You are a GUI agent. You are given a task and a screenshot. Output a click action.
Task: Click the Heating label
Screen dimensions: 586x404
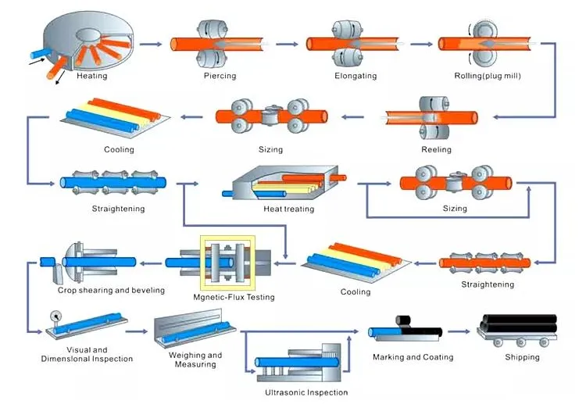coord(92,76)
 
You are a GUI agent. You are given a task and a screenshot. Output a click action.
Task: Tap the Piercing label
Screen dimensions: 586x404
coord(220,76)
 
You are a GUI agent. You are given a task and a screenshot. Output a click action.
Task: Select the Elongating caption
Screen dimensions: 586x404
coord(356,76)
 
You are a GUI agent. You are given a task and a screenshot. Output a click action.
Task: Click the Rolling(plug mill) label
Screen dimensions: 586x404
coord(488,76)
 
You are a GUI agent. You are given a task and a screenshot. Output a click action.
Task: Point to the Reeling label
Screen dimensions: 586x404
coord(436,149)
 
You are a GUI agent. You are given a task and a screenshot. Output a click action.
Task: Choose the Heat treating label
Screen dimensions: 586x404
coord(289,209)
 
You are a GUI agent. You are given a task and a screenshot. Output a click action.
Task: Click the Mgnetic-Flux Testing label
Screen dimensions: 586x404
coord(234,297)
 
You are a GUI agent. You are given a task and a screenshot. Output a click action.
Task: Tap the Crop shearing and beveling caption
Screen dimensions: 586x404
coord(111,291)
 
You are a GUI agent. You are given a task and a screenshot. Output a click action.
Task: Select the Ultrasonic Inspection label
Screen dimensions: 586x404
coord(306,392)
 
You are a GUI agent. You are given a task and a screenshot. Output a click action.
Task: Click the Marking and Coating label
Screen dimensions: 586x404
coord(413,357)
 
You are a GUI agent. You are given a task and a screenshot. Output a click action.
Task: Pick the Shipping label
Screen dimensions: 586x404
coord(522,357)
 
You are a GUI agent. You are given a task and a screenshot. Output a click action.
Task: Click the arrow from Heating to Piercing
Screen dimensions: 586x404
coord(151,44)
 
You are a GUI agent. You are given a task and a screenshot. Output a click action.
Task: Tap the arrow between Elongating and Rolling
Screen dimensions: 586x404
coord(421,44)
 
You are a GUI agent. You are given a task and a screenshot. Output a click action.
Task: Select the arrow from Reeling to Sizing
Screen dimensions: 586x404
coord(352,117)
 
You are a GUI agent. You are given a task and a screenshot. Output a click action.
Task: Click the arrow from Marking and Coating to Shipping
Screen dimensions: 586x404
coord(459,331)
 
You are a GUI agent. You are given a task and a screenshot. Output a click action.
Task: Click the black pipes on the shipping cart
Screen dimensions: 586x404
coord(518,324)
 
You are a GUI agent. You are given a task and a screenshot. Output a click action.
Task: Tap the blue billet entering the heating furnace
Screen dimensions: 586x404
coord(41,53)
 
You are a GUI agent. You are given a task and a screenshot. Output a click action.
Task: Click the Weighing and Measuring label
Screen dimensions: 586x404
coord(195,359)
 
